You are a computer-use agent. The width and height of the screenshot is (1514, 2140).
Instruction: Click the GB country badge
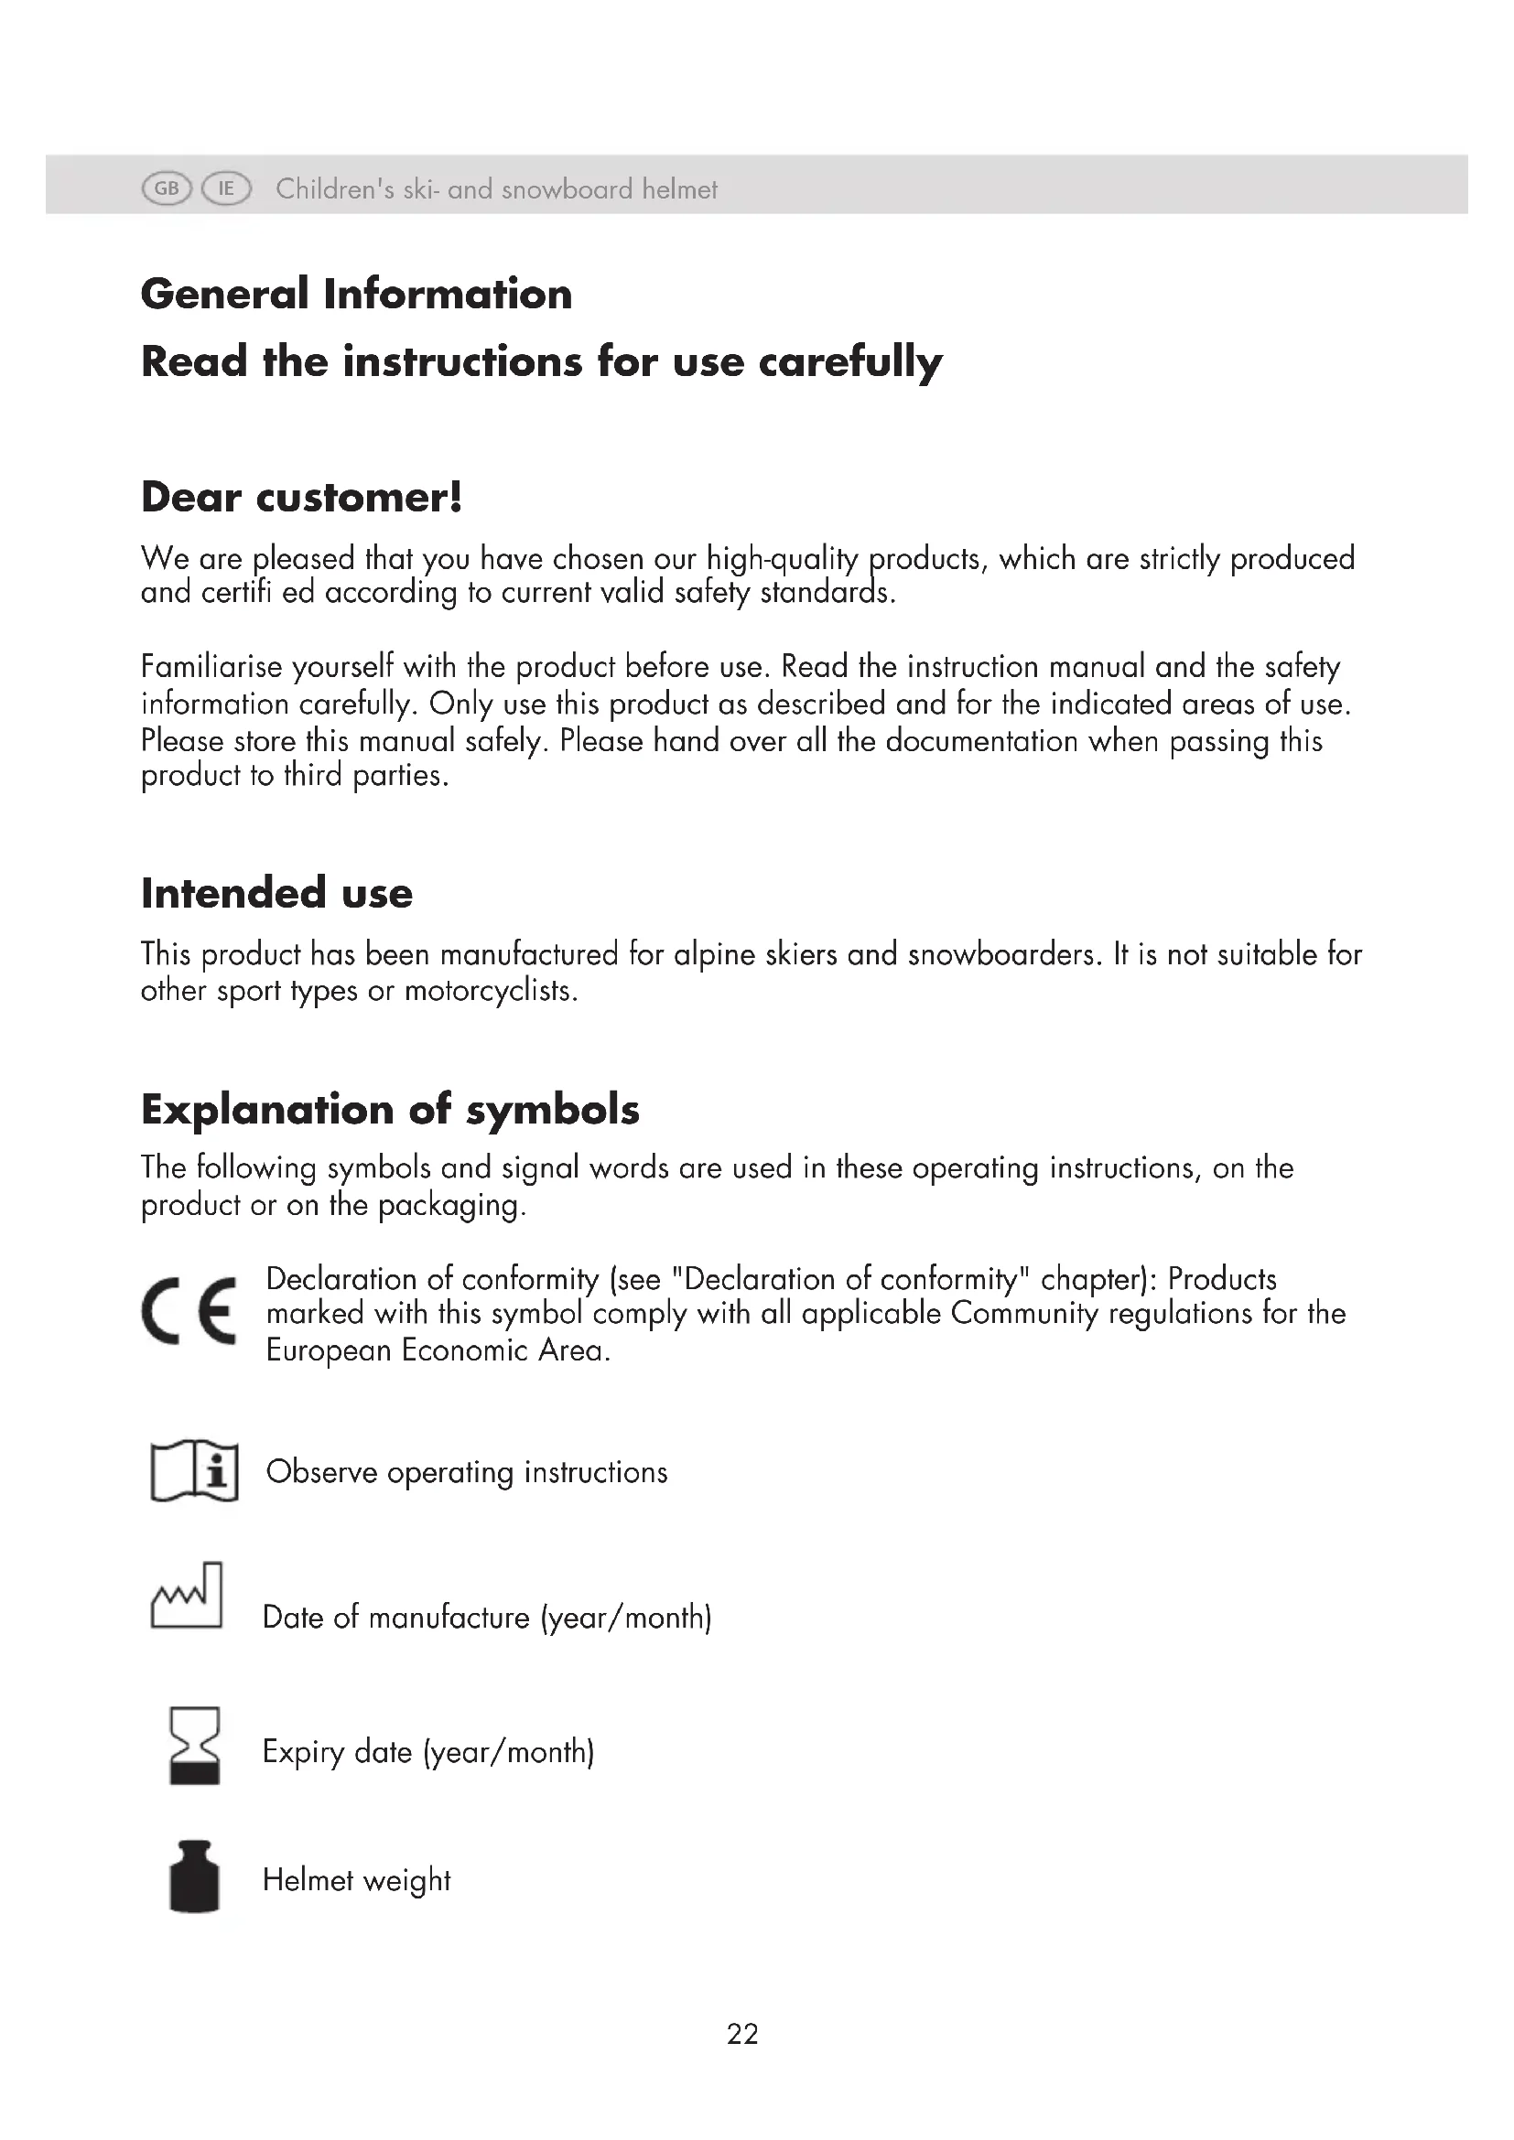tap(166, 189)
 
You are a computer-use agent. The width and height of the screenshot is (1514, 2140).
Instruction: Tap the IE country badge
tap(226, 189)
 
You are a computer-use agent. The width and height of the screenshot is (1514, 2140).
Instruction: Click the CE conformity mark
tap(189, 1309)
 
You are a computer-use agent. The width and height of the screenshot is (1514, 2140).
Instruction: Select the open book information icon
tap(194, 1470)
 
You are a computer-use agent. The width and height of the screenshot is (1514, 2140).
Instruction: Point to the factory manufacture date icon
tap(187, 1596)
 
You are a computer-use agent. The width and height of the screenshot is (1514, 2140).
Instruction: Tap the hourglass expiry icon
tap(194, 1745)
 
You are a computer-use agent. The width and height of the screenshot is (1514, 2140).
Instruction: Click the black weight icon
tap(194, 1877)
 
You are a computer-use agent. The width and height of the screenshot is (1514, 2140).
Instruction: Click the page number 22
tap(742, 2034)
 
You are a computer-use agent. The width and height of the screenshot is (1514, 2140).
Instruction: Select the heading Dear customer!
tap(301, 497)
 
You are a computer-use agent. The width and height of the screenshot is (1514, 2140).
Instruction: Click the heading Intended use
tap(276, 892)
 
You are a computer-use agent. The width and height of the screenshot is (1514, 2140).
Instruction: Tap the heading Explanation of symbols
tap(390, 1109)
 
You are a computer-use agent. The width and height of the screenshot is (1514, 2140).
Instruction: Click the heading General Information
tap(356, 294)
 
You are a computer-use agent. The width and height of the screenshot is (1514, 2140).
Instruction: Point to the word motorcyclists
tap(491, 990)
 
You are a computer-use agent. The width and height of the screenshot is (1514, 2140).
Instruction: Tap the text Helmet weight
tap(356, 1880)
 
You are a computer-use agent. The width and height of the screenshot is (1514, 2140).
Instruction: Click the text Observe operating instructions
tap(466, 1472)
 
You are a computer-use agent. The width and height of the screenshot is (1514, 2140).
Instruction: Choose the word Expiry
tap(303, 1752)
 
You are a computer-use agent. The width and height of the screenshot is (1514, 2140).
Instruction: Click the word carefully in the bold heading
tap(850, 361)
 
